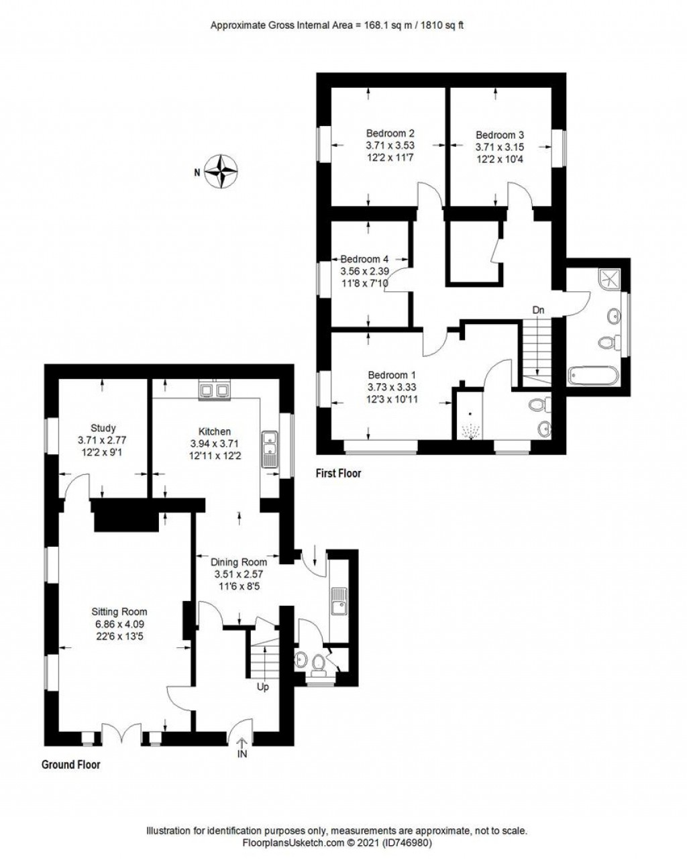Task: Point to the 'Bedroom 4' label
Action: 364,259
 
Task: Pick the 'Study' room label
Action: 103,428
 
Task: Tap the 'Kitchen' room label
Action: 215,431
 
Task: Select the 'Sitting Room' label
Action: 119,612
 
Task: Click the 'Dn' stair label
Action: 538,310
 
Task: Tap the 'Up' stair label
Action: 263,687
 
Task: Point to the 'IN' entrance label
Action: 242,755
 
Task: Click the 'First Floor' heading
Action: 339,474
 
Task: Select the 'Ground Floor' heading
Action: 71,764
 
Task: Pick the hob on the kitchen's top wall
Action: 215,388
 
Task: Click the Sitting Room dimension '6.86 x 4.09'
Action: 119,624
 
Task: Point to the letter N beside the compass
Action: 197,172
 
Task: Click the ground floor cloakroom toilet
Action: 319,663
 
